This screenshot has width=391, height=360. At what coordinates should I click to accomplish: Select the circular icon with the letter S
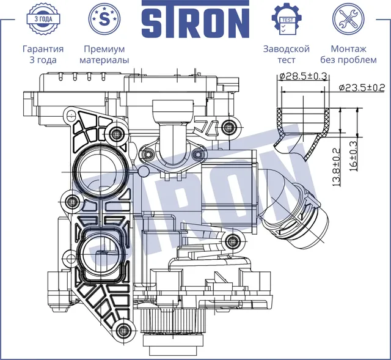click(x=103, y=20)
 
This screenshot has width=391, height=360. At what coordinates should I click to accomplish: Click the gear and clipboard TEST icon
click(x=286, y=20)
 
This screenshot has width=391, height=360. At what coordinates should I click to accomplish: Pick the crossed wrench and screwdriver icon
click(x=348, y=20)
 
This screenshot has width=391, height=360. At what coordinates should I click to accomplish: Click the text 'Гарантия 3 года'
click(x=43, y=54)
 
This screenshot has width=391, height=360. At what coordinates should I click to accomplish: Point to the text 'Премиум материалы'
click(x=103, y=54)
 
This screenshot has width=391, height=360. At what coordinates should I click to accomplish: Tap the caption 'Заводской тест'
click(x=286, y=54)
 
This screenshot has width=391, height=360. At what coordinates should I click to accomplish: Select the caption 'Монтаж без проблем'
click(x=348, y=54)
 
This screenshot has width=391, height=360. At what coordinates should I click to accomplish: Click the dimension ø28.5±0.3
click(x=303, y=76)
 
